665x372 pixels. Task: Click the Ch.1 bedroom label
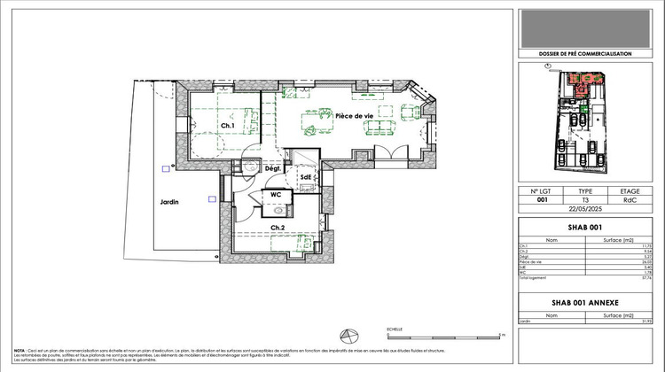(227, 126)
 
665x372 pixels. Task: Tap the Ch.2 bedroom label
(278, 228)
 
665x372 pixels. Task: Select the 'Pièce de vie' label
(353, 116)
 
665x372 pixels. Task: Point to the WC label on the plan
(276, 194)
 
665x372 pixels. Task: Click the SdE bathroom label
(306, 176)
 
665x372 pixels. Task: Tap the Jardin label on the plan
(169, 202)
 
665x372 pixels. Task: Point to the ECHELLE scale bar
(443, 335)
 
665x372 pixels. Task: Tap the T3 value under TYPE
(586, 199)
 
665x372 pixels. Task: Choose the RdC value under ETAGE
(630, 199)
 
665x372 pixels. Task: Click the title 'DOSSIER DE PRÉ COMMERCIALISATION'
(586, 54)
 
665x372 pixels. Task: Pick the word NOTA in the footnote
(20, 350)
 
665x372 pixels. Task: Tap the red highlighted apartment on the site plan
(581, 86)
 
